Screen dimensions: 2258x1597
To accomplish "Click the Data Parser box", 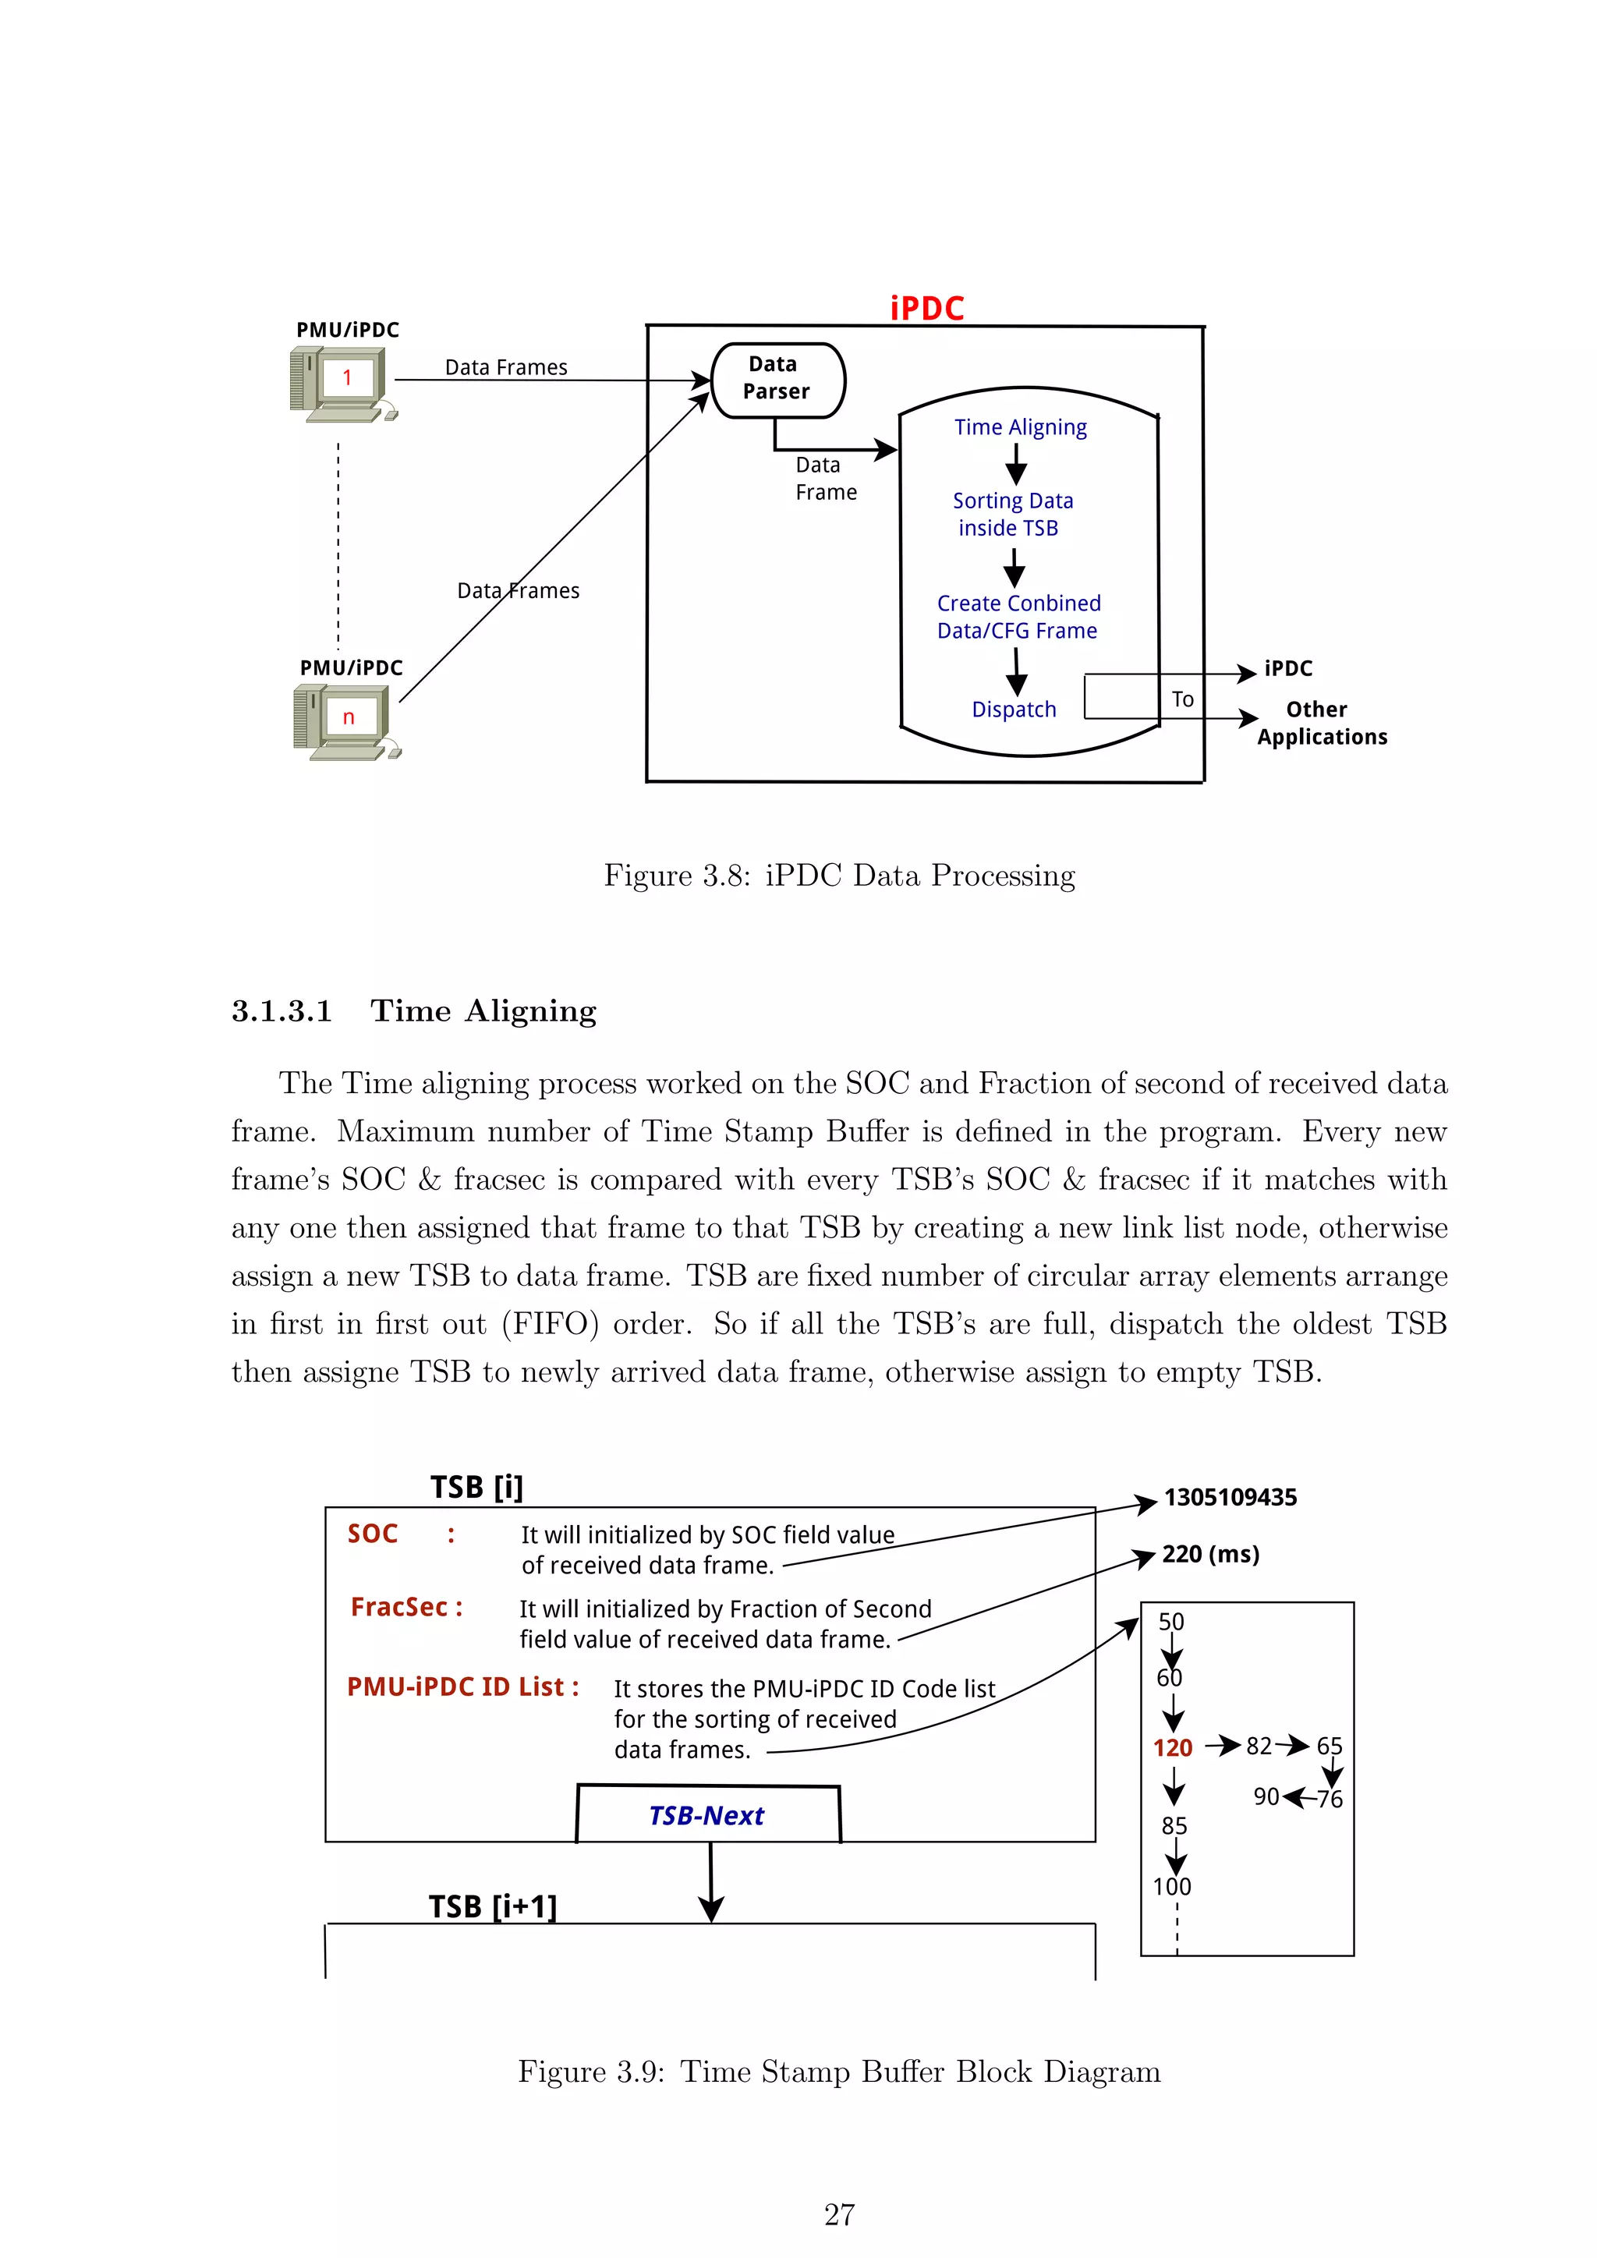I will coord(777,379).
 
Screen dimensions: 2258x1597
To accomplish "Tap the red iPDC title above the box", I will coord(926,309).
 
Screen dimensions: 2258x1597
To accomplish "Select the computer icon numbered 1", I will coord(342,384).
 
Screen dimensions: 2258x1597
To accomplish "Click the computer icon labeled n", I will coord(345,722).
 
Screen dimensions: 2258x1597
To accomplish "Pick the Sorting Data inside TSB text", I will coord(1012,515).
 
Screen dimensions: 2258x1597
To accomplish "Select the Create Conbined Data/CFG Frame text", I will coord(1018,617).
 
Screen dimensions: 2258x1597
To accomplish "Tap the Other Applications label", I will coord(1321,723).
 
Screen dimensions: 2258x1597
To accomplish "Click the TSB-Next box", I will coord(707,1815).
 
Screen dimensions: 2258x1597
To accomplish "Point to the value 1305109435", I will coord(1231,1498).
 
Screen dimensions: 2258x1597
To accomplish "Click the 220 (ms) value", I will coord(1209,1554).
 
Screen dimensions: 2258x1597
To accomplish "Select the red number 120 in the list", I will coord(1172,1747).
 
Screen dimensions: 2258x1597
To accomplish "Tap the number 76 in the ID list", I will coord(1330,1799).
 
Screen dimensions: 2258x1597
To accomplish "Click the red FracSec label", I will coord(406,1607).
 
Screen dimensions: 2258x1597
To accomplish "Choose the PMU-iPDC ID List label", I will coord(462,1686).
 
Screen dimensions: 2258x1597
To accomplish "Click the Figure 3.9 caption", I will coord(839,2071).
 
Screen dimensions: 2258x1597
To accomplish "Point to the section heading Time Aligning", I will coord(483,1011).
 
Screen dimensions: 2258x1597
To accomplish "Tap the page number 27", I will coord(839,2214).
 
